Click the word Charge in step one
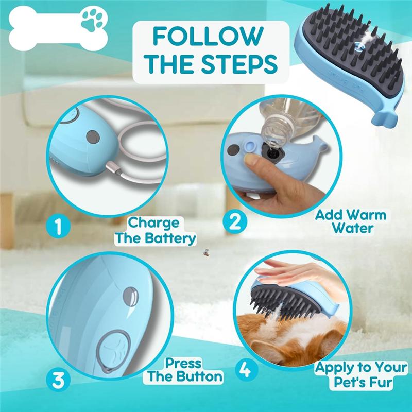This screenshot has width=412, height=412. point(154,222)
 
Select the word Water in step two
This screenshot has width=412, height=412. point(352,228)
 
